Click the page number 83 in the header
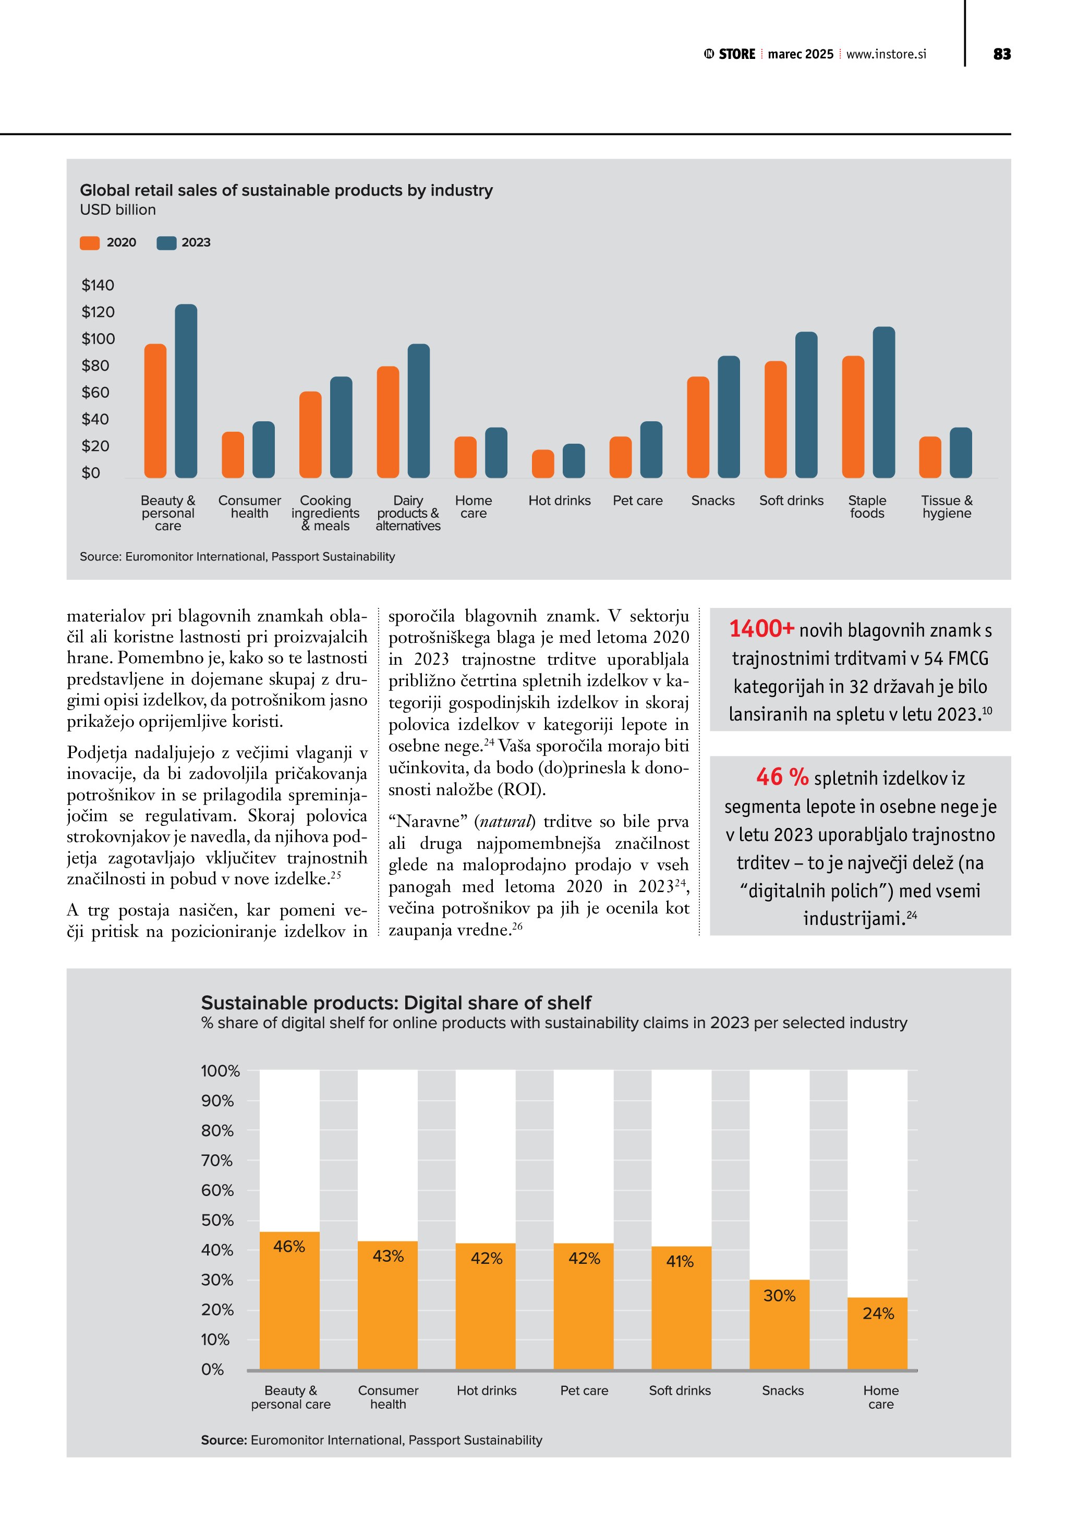[x=1002, y=54]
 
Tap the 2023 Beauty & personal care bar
[x=186, y=391]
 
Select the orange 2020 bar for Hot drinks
[x=543, y=464]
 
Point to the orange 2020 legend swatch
[x=90, y=243]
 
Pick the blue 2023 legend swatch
[x=166, y=243]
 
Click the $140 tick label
[x=98, y=285]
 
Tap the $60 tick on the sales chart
[x=95, y=392]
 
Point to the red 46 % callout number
[x=782, y=777]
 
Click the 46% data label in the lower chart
[x=289, y=1247]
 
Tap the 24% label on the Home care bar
[x=878, y=1313]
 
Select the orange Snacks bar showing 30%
[x=779, y=1327]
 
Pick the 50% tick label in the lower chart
[x=217, y=1220]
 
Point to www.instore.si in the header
[x=886, y=54]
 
